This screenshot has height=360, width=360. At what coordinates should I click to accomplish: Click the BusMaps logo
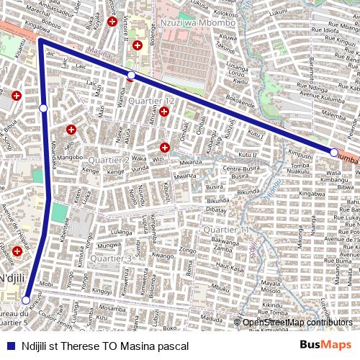[x=327, y=346]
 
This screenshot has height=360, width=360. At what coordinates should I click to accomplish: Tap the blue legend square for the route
[x=11, y=346]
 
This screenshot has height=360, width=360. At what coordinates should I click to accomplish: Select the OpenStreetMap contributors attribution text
[x=297, y=323]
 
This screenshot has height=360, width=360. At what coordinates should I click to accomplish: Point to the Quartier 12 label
[x=151, y=101]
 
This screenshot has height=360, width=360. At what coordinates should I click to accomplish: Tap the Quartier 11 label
[x=225, y=230]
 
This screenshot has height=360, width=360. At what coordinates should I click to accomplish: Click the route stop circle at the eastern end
[x=333, y=153]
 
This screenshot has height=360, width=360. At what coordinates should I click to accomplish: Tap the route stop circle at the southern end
[x=26, y=300]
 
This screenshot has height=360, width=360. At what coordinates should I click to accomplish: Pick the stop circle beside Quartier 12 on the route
[x=131, y=76]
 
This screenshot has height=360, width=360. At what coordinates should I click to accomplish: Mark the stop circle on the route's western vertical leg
[x=43, y=108]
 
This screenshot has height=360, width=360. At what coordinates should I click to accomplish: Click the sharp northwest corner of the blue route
[x=41, y=42]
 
